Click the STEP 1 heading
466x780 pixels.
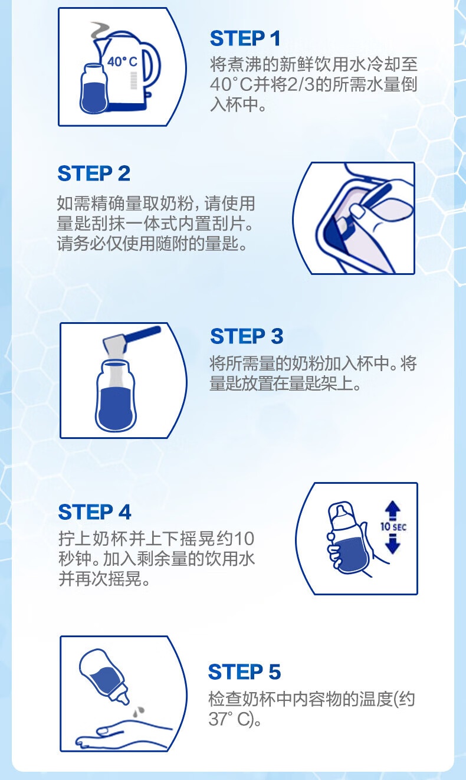tap(245, 38)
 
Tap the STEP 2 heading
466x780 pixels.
tap(94, 173)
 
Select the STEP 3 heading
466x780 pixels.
tap(247, 336)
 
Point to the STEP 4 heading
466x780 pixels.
tap(94, 512)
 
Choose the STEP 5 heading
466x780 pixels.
tap(244, 671)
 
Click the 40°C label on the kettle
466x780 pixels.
tap(122, 62)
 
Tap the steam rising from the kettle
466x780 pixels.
tap(100, 31)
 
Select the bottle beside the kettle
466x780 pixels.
tap(94, 89)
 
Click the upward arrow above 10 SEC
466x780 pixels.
tap(393, 510)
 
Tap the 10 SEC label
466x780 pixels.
tap(393, 527)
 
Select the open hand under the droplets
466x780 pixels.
tap(123, 734)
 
